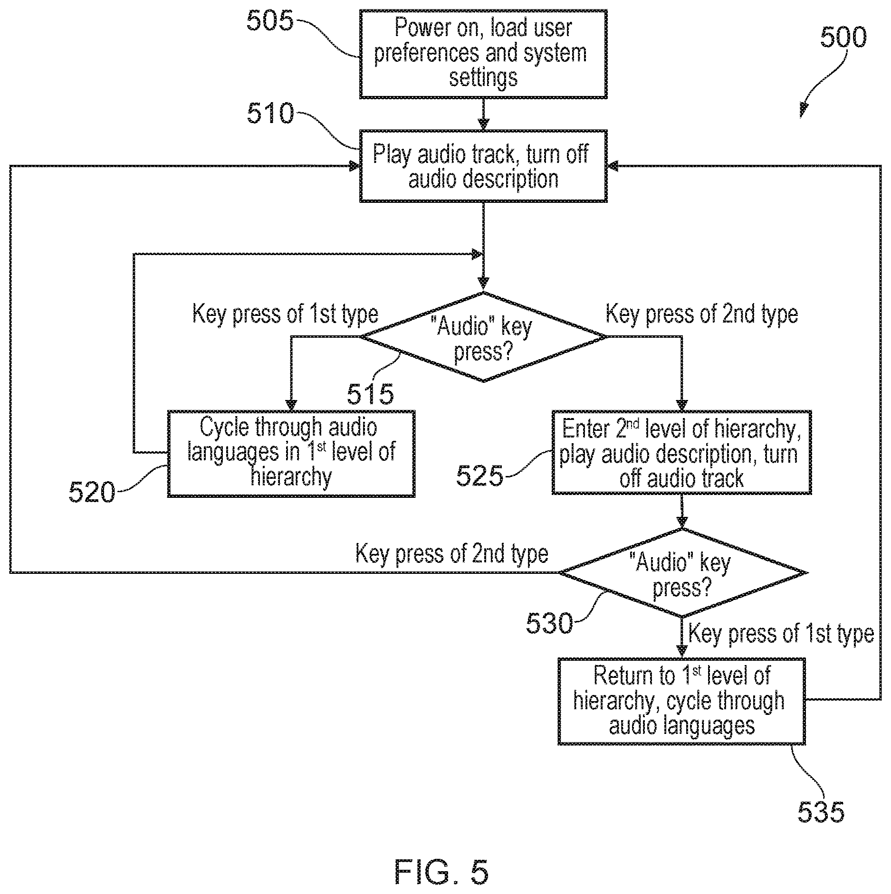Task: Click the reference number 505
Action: [x=270, y=21]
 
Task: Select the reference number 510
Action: [x=270, y=114]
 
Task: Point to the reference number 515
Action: [x=370, y=394]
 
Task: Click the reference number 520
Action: [x=92, y=492]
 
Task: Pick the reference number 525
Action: [x=479, y=476]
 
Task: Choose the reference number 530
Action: [x=549, y=623]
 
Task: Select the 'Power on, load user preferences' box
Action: [x=483, y=54]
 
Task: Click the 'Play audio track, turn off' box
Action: [x=483, y=166]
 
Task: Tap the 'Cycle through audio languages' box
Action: [x=291, y=454]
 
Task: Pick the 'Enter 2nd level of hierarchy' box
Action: [x=681, y=453]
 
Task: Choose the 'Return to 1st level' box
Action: [x=681, y=701]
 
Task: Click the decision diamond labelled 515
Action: [x=483, y=337]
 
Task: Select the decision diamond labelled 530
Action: [x=682, y=573]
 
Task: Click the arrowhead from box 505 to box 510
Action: [x=483, y=124]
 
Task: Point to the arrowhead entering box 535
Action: [x=682, y=652]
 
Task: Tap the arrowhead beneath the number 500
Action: [x=804, y=111]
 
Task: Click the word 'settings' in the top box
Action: [x=483, y=78]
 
